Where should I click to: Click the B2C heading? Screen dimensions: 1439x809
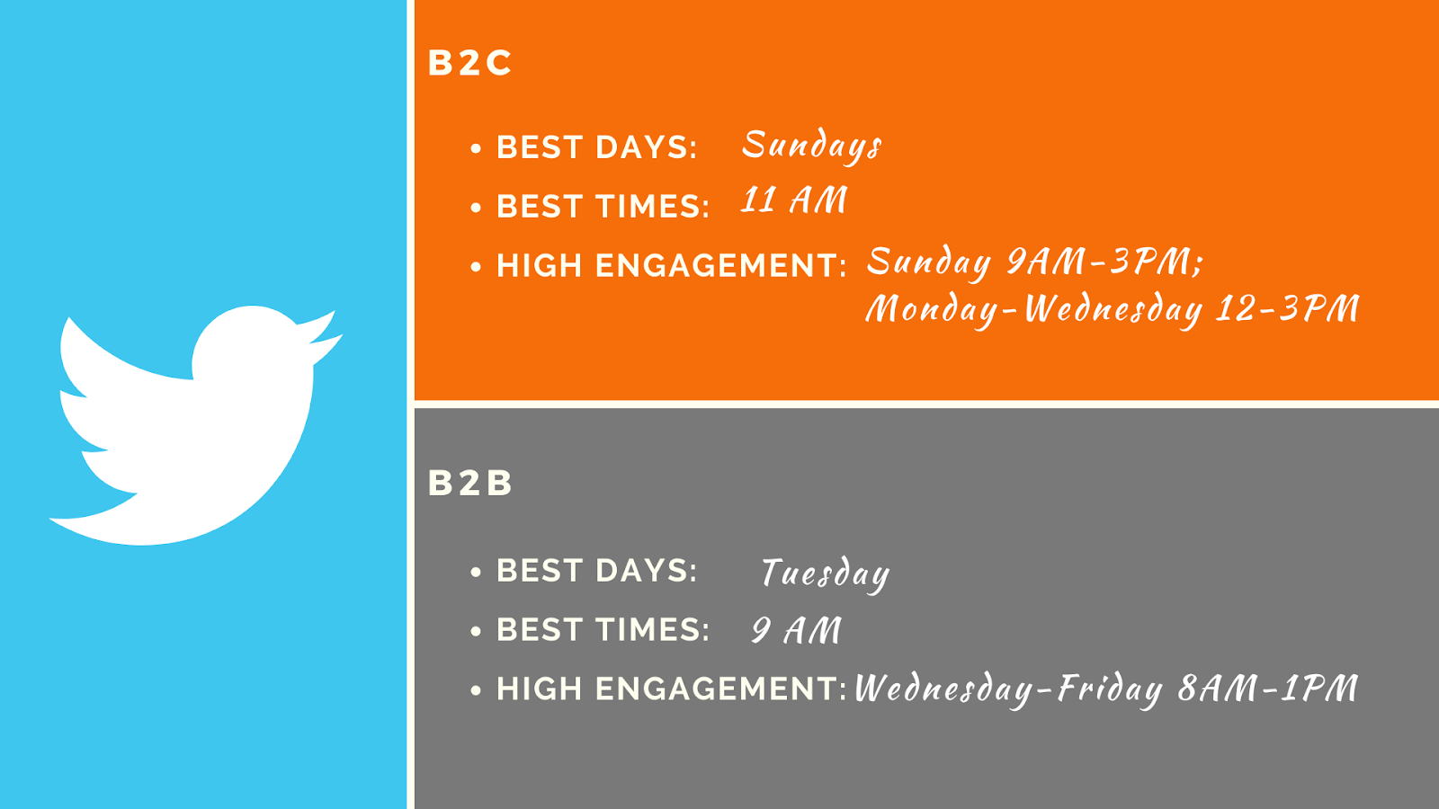pyautogui.click(x=469, y=63)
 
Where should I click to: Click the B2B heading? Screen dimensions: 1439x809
pyautogui.click(x=469, y=483)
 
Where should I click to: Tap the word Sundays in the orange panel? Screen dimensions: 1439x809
pyautogui.click(x=812, y=146)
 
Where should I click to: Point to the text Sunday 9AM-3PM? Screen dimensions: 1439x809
pyautogui.click(x=1034, y=262)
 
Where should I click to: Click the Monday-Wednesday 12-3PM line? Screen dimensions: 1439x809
pyautogui.click(x=1113, y=309)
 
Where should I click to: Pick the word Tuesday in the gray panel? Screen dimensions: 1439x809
pyautogui.click(x=826, y=574)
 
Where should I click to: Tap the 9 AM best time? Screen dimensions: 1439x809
pyautogui.click(x=796, y=630)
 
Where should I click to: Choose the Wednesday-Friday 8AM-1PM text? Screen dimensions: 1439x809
pyautogui.click(x=1106, y=689)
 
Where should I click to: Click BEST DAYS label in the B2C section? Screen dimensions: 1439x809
pyautogui.click(x=597, y=147)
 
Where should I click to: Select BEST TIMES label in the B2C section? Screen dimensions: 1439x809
pyautogui.click(x=603, y=207)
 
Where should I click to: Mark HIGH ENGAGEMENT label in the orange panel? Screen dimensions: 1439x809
pyautogui.click(x=672, y=266)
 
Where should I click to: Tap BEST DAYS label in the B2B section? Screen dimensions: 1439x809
pyautogui.click(x=597, y=571)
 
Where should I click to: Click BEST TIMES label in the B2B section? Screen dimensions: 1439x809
pyautogui.click(x=603, y=630)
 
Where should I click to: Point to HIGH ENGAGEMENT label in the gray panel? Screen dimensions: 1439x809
pyautogui.click(x=672, y=689)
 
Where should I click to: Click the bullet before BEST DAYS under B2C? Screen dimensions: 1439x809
pyautogui.click(x=476, y=149)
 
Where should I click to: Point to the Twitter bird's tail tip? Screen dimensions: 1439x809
pyautogui.click(x=50, y=519)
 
